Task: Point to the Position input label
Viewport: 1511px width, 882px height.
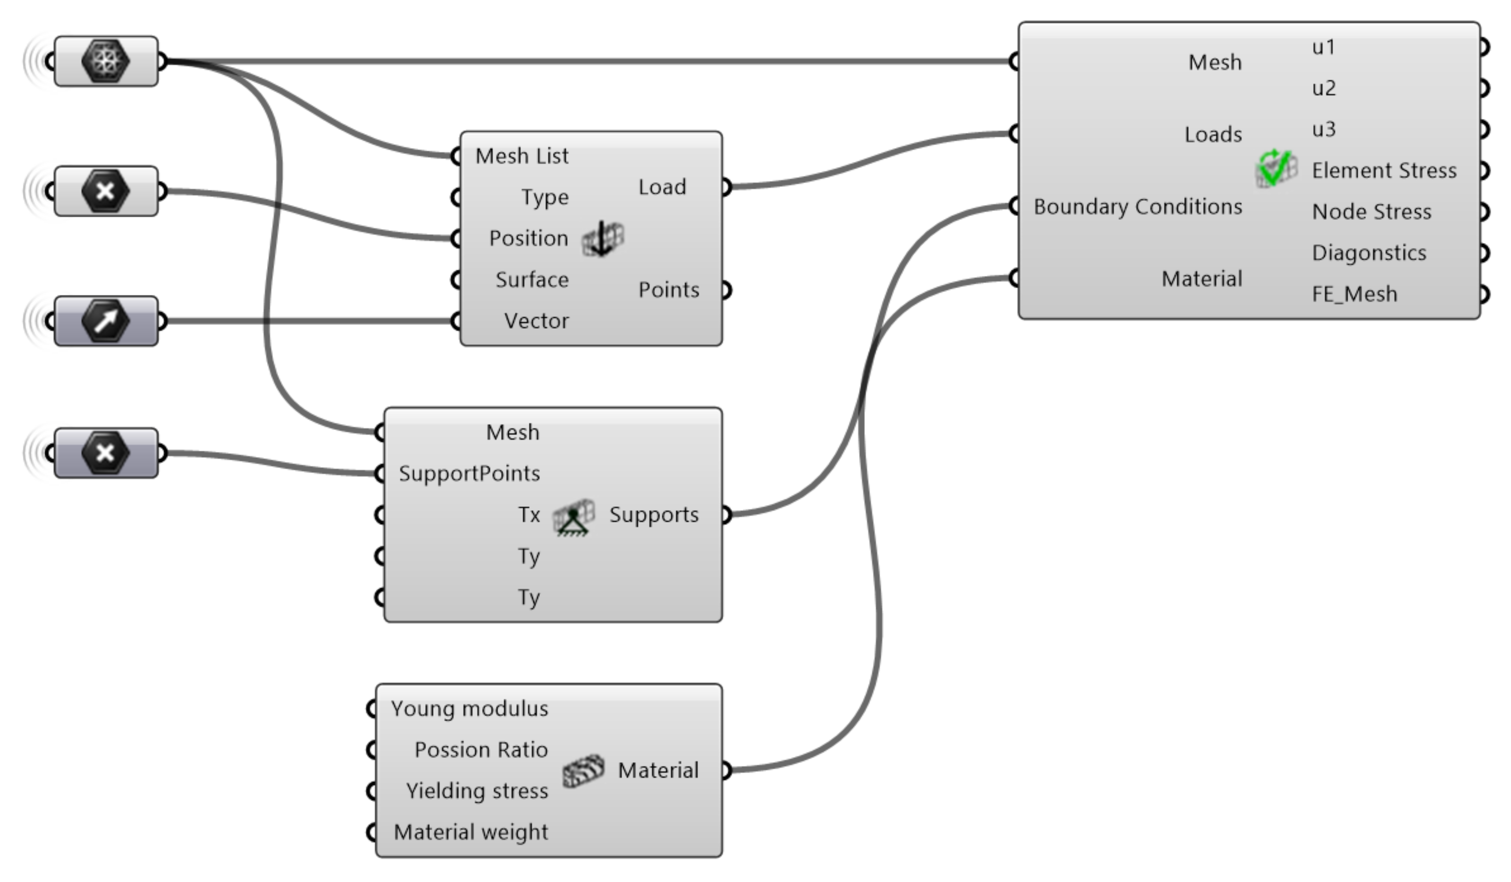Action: (x=528, y=238)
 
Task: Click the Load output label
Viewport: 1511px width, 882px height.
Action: (x=662, y=187)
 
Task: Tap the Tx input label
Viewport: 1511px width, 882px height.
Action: (x=529, y=515)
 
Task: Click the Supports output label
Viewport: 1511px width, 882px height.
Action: (x=654, y=515)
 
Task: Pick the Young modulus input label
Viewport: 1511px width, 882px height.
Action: (x=470, y=709)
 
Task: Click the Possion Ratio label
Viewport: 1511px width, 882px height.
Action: (x=481, y=750)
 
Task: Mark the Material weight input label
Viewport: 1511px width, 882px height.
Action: (x=471, y=832)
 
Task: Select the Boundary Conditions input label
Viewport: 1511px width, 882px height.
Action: (x=1137, y=206)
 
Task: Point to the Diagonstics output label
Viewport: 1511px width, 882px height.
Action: (x=1368, y=253)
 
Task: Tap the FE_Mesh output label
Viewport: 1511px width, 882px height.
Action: (x=1354, y=294)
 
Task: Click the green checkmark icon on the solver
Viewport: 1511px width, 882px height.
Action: (x=1276, y=169)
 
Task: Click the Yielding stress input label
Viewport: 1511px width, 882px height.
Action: (x=477, y=791)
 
